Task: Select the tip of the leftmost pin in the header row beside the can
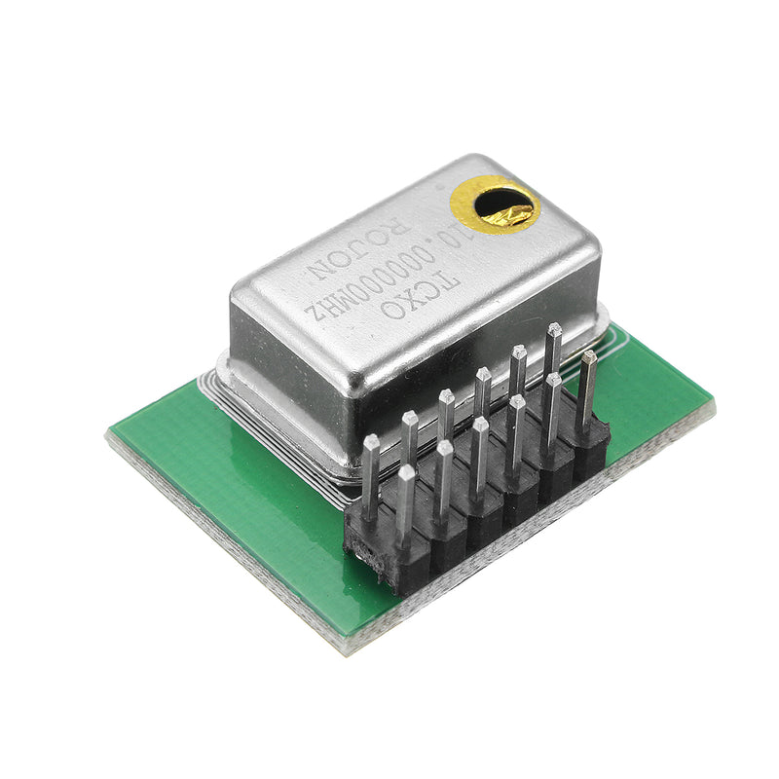tap(371, 443)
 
